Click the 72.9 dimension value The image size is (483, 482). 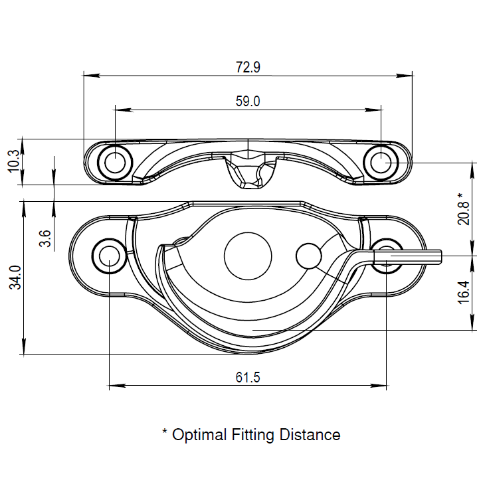pos(248,67)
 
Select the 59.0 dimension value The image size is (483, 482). pos(248,102)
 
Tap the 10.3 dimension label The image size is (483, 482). pos(14,161)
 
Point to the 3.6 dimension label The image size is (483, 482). pos(45,238)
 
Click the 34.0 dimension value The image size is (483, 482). pos(15,278)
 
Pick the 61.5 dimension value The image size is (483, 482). pos(248,377)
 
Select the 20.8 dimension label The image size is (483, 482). pos(464,213)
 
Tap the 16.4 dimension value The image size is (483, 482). pos(464,292)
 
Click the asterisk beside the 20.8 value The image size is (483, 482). pos(460,196)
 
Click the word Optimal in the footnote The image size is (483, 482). pos(199,435)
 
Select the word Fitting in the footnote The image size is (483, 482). pos(252,436)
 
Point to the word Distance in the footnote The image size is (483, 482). pos(310,435)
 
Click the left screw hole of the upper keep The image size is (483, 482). pos(115,163)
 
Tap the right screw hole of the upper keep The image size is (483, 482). pos(381,163)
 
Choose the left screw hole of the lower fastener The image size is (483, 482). pos(110,256)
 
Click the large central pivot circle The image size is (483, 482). pos(248,256)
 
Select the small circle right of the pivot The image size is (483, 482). pos(309,256)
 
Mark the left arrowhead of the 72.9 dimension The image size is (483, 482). pos(92,75)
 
